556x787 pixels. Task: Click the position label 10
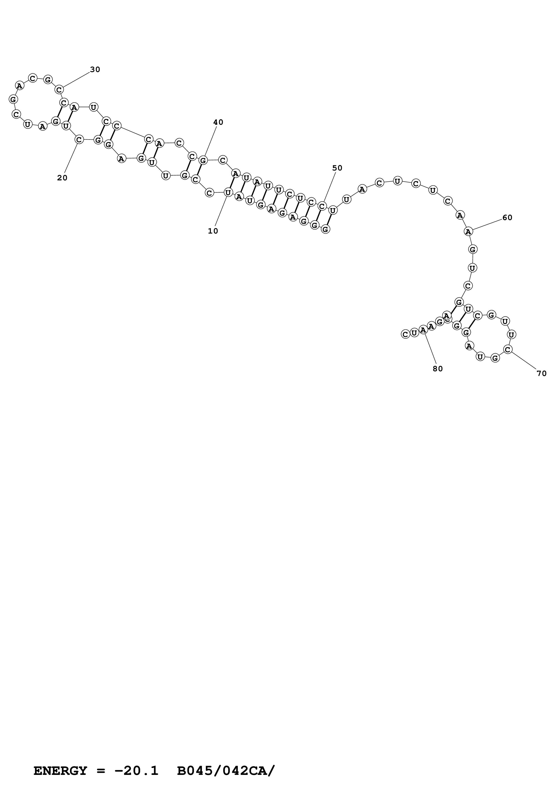click(x=213, y=231)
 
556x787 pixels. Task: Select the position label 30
click(x=95, y=70)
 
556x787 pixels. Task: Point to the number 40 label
click(x=218, y=122)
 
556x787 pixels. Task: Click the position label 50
click(x=337, y=168)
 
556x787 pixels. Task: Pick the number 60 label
click(x=507, y=218)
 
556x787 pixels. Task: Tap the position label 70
click(x=541, y=374)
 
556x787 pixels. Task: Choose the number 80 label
click(x=438, y=369)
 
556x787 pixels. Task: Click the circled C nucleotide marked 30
click(x=59, y=90)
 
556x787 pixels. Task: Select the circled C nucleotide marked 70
click(x=508, y=350)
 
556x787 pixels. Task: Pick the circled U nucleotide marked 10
click(x=228, y=193)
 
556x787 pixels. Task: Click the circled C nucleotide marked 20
click(x=79, y=140)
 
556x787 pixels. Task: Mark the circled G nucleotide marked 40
click(x=203, y=160)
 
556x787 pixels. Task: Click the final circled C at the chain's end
click(x=405, y=334)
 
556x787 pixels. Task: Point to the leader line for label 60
click(x=486, y=225)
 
